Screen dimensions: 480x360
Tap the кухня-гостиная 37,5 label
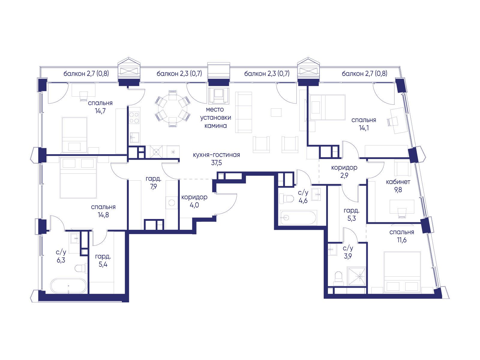[216, 159]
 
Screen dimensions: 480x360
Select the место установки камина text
[216, 118]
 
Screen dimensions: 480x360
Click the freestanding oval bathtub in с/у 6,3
[69, 286]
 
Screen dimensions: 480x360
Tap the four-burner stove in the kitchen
[134, 117]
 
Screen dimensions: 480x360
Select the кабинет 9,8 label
[398, 186]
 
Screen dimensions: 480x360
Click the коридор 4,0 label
[194, 201]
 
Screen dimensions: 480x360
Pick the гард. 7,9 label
[154, 183]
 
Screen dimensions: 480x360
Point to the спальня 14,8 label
[103, 211]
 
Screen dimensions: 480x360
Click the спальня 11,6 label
[402, 236]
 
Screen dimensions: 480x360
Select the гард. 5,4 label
[103, 260]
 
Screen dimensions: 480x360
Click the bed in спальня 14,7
[75, 135]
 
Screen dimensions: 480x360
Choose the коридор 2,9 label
[344, 172]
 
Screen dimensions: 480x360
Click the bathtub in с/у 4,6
[298, 217]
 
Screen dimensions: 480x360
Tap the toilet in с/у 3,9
[338, 277]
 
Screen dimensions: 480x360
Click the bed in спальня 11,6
[402, 272]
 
